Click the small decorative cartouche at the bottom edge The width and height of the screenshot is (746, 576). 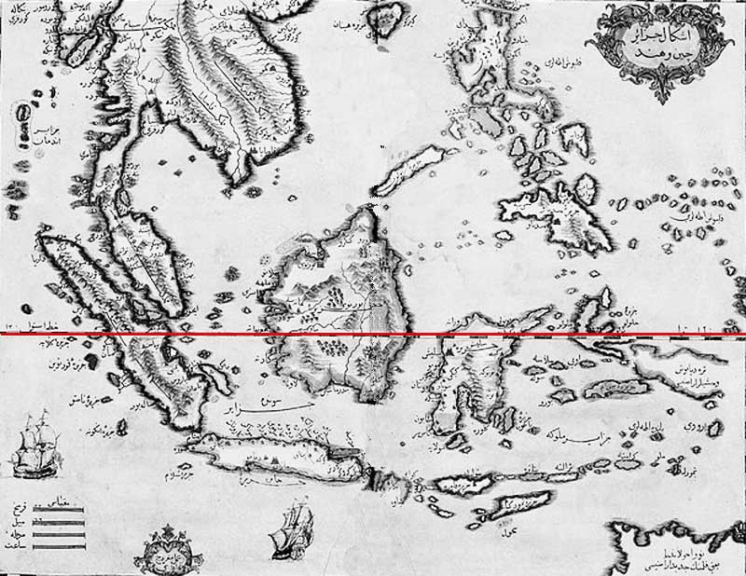(168, 555)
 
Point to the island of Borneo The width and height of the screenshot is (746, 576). (340, 317)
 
